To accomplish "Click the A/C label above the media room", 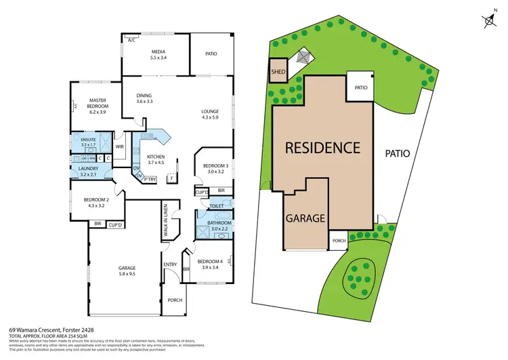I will point(131,41).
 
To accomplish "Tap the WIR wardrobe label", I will point(120,146).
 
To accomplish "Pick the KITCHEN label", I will point(157,159).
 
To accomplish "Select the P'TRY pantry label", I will point(150,179).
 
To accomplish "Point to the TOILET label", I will point(217,205).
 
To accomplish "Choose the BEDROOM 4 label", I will point(211,263).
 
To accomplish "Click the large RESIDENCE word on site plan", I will point(322,147).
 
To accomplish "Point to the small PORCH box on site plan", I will point(339,241).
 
